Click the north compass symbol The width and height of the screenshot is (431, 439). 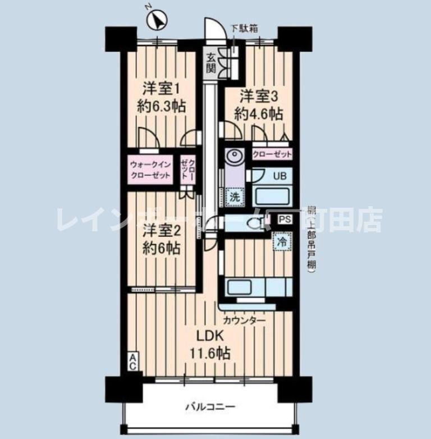click(x=157, y=21)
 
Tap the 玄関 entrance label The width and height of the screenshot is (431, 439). click(x=210, y=63)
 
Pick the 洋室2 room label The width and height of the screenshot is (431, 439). click(x=161, y=230)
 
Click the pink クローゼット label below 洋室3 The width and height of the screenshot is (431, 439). click(x=272, y=154)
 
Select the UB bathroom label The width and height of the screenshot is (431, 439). click(x=279, y=175)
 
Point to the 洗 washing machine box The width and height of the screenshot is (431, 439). click(x=235, y=196)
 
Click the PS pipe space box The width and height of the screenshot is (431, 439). click(x=284, y=219)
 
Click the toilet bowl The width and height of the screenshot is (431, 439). click(x=256, y=223)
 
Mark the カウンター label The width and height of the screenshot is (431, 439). click(x=244, y=320)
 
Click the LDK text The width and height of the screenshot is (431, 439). click(x=210, y=336)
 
